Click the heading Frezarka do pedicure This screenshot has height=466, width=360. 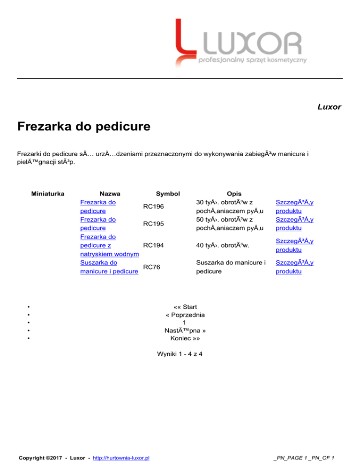(83, 127)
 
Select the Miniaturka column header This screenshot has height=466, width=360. (47, 193)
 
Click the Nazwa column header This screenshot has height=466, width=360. (110, 193)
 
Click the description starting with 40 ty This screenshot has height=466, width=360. (222, 245)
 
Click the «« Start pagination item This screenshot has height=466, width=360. (184, 307)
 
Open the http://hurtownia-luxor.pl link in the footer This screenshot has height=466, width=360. (121, 457)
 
